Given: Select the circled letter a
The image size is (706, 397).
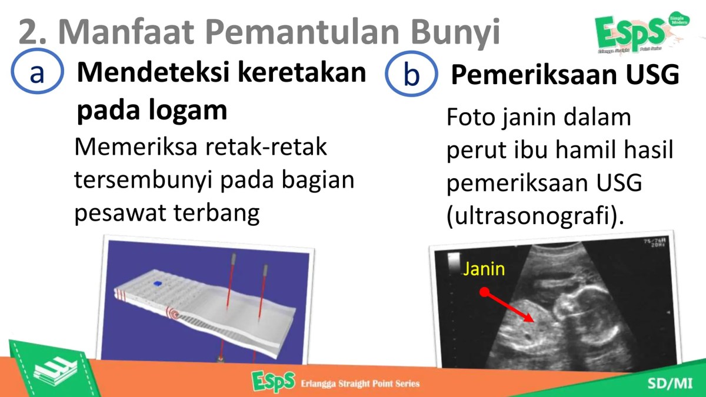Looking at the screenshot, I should pyautogui.click(x=37, y=73).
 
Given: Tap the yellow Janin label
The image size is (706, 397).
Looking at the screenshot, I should pyautogui.click(x=484, y=269).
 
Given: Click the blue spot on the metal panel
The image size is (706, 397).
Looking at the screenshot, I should pyautogui.click(x=158, y=284).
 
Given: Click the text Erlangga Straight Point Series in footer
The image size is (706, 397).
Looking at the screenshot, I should pyautogui.click(x=360, y=384).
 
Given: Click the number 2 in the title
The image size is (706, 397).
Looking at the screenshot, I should pyautogui.click(x=29, y=32).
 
